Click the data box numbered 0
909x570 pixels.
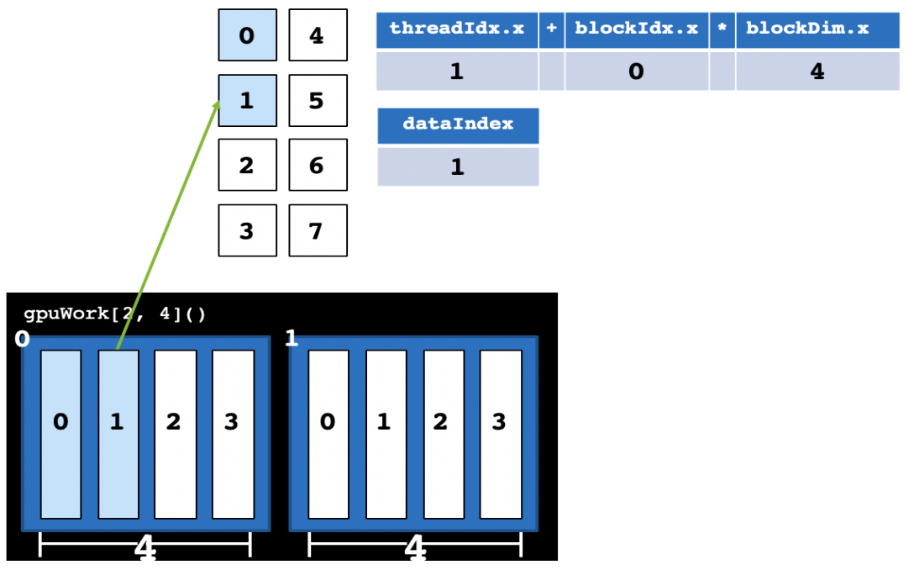click(x=247, y=35)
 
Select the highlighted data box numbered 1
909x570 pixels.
click(x=247, y=101)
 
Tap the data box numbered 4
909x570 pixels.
click(x=318, y=35)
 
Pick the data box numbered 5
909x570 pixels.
click(x=318, y=101)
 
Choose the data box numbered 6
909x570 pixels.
click(x=318, y=166)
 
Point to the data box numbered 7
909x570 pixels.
click(x=318, y=230)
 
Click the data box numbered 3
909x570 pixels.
click(x=247, y=230)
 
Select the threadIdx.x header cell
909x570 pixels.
click(x=456, y=29)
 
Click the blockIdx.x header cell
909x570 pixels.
click(x=636, y=29)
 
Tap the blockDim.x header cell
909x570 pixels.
click(x=817, y=29)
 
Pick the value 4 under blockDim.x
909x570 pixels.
click(x=817, y=71)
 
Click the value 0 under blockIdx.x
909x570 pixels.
click(x=636, y=71)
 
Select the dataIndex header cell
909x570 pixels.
click(x=458, y=124)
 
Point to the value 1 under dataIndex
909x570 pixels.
click(x=458, y=166)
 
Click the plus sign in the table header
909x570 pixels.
click(x=551, y=29)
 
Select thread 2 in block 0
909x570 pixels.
click(x=175, y=434)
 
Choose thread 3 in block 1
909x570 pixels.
click(x=500, y=434)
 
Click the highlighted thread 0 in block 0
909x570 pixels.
click(x=61, y=434)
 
